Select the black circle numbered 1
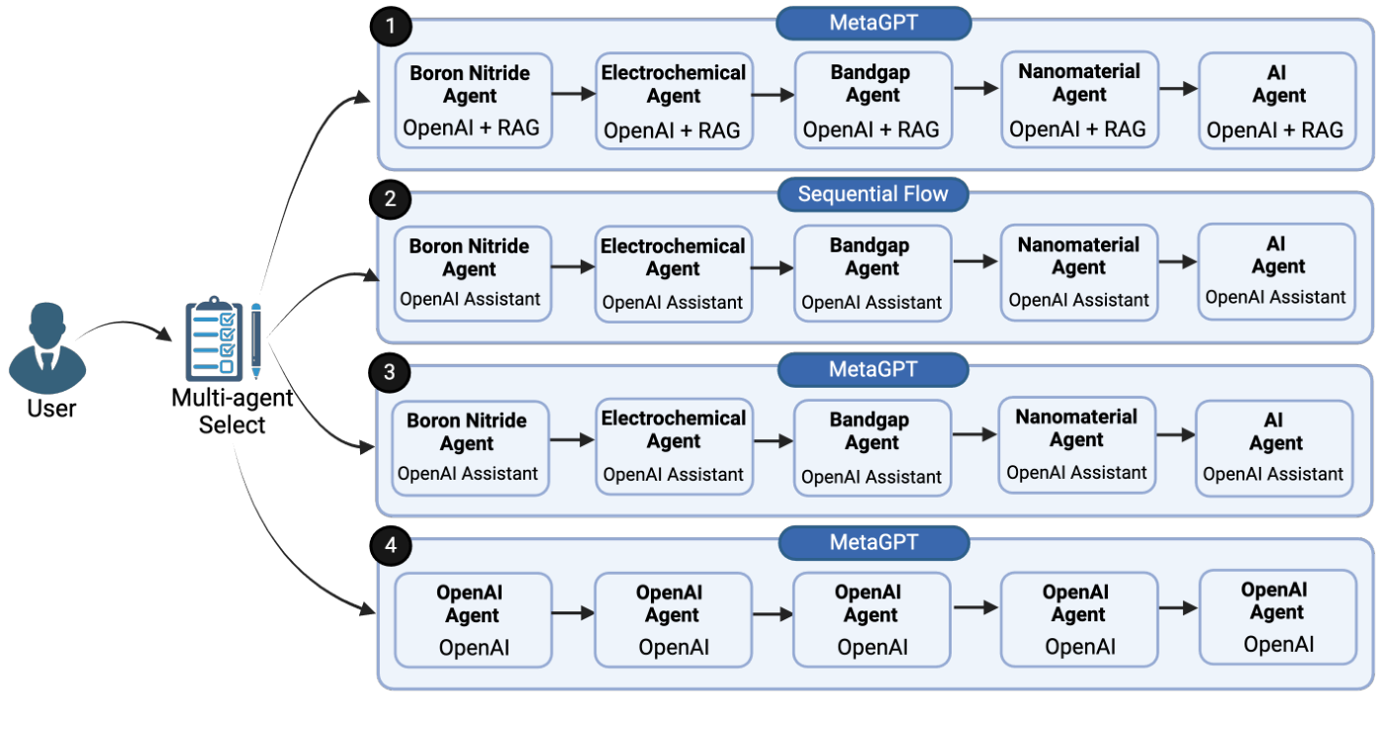pyautogui.click(x=390, y=27)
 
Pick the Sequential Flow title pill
pyautogui.click(x=873, y=194)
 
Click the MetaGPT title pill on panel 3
pyautogui.click(x=873, y=369)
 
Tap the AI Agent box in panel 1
pyautogui.click(x=1277, y=101)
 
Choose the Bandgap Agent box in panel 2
pyautogui.click(x=872, y=273)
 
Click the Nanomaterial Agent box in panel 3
pyautogui.click(x=1076, y=444)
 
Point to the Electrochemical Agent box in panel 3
pyautogui.click(x=674, y=446)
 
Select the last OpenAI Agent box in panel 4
pyautogui.click(x=1277, y=617)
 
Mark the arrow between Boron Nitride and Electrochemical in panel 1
pyautogui.click(x=574, y=94)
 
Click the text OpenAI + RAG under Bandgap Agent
pyautogui.click(x=871, y=131)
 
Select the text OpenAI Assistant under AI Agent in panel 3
pyautogui.click(x=1273, y=475)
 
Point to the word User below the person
pyautogui.click(x=51, y=408)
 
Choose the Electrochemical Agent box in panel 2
pyautogui.click(x=673, y=273)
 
